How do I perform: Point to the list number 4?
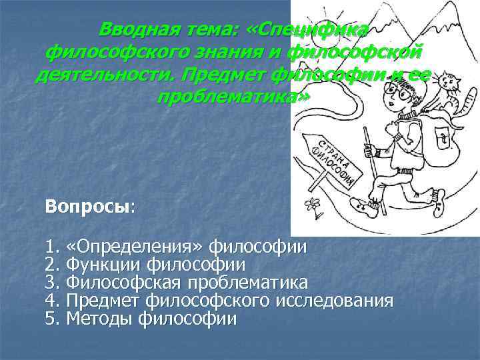pos(52,301)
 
